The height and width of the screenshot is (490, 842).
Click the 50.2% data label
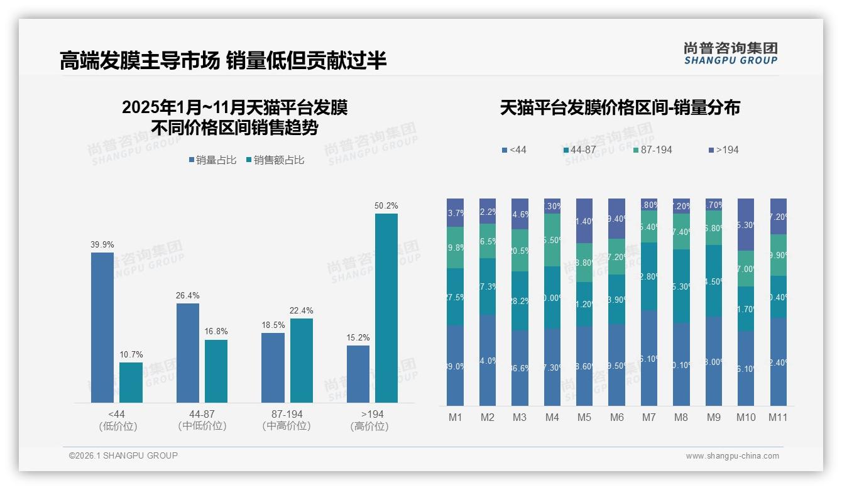(386, 206)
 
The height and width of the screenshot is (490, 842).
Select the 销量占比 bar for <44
(102, 327)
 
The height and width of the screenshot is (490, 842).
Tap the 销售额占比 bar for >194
(386, 308)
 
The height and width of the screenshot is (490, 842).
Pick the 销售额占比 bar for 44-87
(216, 371)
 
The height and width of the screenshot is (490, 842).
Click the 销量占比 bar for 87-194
(273, 367)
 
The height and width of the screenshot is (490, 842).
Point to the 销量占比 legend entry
(212, 160)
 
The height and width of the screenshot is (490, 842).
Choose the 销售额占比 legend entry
(275, 160)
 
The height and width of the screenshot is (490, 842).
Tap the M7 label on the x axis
(648, 417)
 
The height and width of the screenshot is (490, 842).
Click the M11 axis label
(778, 417)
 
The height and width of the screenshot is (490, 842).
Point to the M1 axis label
(455, 417)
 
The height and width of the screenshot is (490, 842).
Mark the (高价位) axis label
(369, 426)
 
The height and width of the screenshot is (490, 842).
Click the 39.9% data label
(102, 244)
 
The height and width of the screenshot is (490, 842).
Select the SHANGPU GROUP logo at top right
(731, 53)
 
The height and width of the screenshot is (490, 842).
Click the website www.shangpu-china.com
(732, 456)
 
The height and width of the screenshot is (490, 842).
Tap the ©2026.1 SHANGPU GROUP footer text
(123, 455)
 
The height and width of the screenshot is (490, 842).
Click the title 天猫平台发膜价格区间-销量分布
(620, 108)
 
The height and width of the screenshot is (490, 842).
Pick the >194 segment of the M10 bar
(745, 224)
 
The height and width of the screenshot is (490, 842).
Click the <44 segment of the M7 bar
(649, 358)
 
